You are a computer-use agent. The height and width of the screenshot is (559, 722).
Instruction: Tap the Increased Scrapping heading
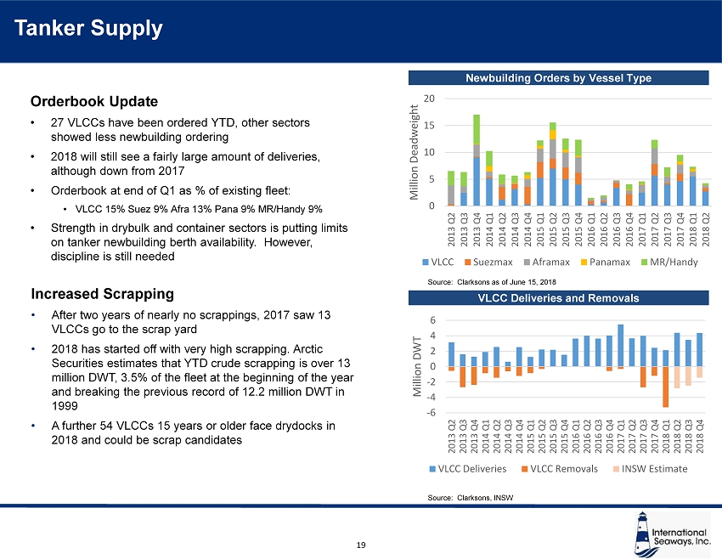click(x=102, y=294)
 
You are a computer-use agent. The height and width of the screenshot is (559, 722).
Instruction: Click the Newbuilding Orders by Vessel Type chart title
click(x=558, y=78)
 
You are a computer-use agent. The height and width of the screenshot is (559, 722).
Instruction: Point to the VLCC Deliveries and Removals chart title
click(x=558, y=298)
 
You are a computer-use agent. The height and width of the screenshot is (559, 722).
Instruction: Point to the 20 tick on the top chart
click(x=431, y=99)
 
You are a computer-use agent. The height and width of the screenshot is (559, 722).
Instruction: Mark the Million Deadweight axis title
click(x=415, y=153)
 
